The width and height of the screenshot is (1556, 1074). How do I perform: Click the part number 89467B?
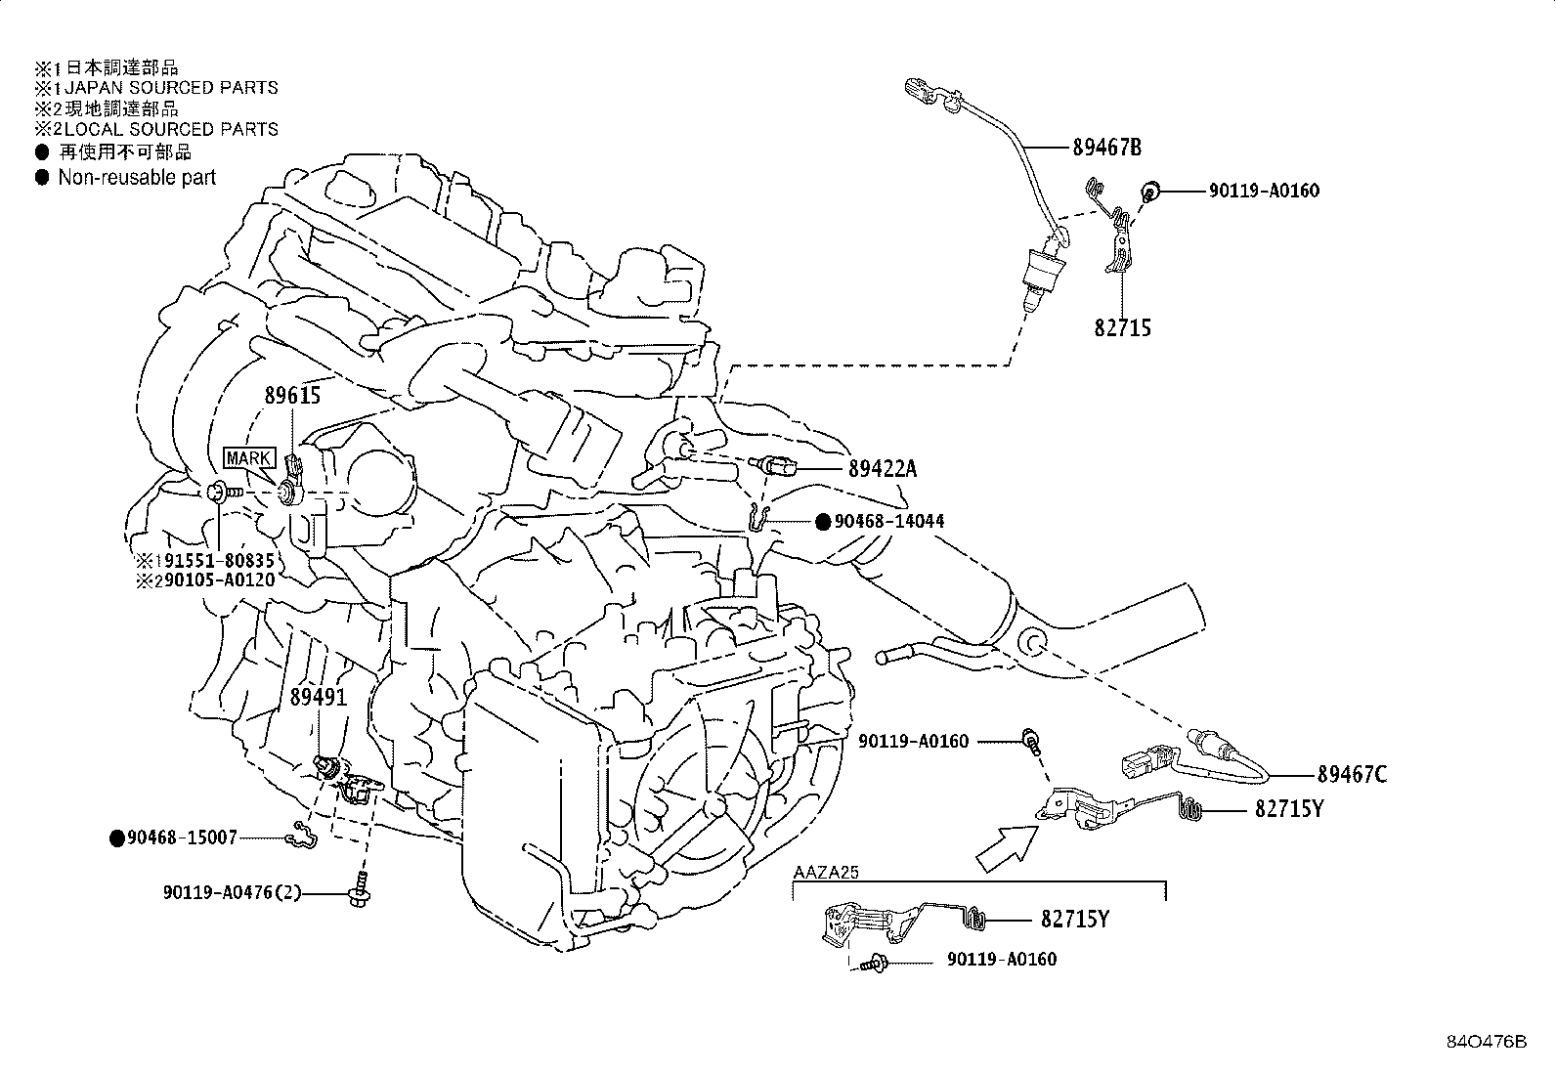click(x=1106, y=148)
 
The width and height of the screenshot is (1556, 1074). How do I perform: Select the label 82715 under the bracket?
click(x=1122, y=328)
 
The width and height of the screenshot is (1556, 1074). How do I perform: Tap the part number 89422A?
click(x=883, y=469)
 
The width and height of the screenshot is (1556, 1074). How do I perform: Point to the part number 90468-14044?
click(x=889, y=522)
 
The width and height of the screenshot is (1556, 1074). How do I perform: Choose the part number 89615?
click(x=292, y=396)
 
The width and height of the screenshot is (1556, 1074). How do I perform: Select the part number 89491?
click(x=319, y=698)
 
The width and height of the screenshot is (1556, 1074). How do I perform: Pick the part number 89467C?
click(x=1352, y=775)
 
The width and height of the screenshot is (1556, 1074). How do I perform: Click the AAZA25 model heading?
click(x=826, y=873)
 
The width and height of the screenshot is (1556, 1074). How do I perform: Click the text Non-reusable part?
click(x=137, y=178)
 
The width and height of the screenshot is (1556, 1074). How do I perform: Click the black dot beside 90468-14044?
click(x=823, y=522)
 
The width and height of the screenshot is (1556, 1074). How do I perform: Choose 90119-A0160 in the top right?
click(x=1264, y=191)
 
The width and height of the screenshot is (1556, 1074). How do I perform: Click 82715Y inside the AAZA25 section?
click(x=1075, y=920)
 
